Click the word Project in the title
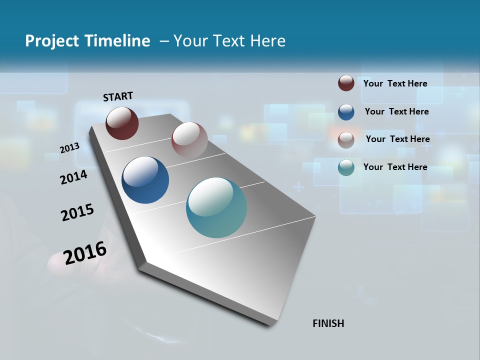[x=51, y=41]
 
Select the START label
[x=118, y=96]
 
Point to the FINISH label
[x=328, y=323]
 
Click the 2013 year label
[x=70, y=147]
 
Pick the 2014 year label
[x=73, y=177]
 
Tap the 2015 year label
[x=77, y=212]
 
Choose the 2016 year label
[x=85, y=252]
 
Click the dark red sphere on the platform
[x=122, y=123]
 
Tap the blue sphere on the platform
[x=145, y=180]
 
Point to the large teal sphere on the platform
[x=216, y=207]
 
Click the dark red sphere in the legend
[x=346, y=83]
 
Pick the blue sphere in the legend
[x=346, y=111]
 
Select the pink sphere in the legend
[x=346, y=139]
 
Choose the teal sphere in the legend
[x=346, y=167]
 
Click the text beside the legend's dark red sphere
[x=395, y=83]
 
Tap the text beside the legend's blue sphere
[x=397, y=111]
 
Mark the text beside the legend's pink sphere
[x=398, y=139]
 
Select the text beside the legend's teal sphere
[x=395, y=167]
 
